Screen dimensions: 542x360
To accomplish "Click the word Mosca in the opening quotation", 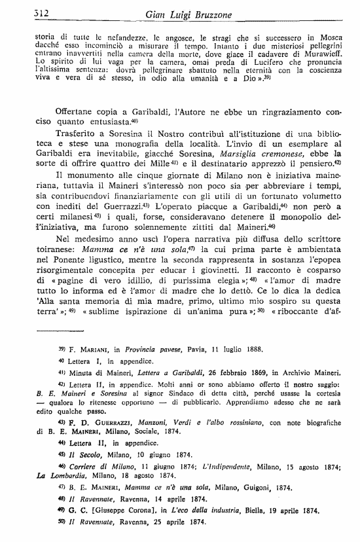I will pos(326,39).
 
